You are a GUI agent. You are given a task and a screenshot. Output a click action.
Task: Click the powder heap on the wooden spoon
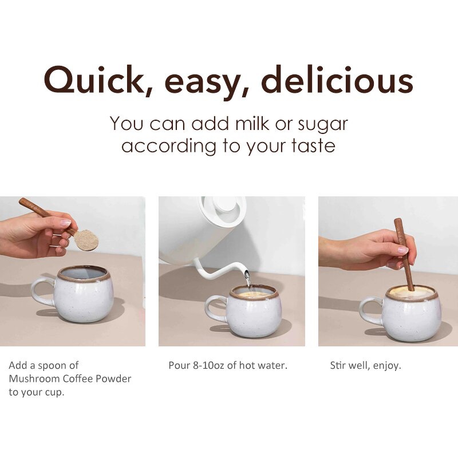pyautogui.click(x=87, y=240)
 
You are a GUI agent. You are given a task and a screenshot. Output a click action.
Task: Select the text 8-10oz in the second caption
pyautogui.click(x=208, y=365)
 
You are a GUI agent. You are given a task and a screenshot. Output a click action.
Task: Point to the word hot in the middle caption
pyautogui.click(x=248, y=365)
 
